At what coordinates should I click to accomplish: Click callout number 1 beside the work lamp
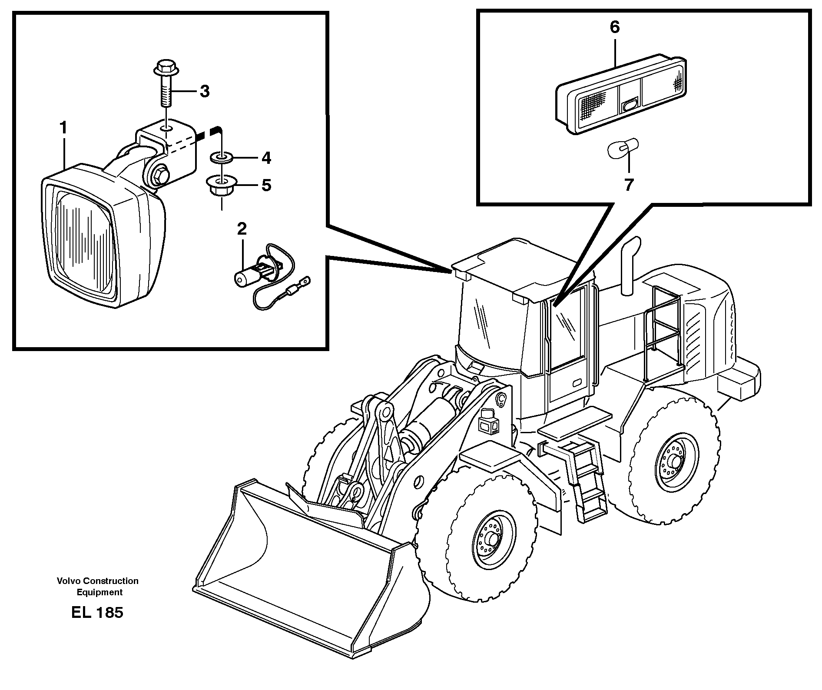tap(63, 116)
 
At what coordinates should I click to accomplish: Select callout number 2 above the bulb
tap(242, 229)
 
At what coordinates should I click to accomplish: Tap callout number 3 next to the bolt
tap(204, 92)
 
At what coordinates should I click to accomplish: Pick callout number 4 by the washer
tap(266, 158)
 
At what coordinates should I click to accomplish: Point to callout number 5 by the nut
tap(266, 186)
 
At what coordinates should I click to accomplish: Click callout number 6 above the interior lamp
tap(614, 27)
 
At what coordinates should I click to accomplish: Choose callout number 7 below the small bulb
tap(629, 185)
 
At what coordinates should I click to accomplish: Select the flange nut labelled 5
tap(221, 186)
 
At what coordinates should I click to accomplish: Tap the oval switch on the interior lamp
tap(630, 105)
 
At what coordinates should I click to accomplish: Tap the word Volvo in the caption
tap(68, 581)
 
